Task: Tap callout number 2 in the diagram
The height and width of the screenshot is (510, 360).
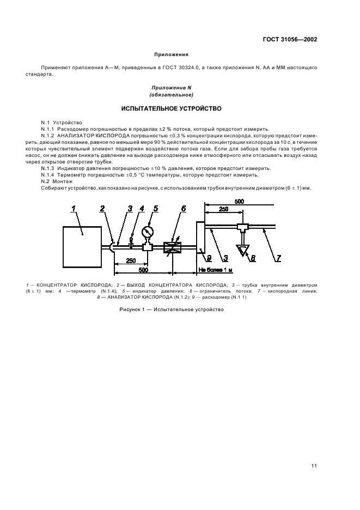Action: click(102, 208)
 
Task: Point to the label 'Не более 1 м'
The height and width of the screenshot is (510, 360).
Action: click(215, 269)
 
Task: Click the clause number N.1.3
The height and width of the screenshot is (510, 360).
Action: click(50, 169)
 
